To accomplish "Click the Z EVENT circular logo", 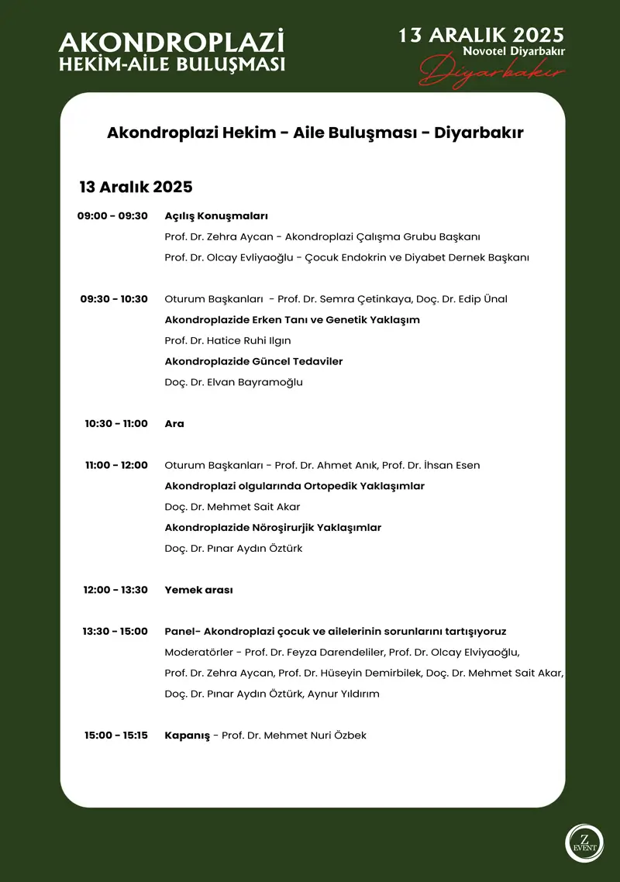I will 584,843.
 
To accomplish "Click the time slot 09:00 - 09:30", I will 112,216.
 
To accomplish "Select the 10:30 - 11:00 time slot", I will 116,424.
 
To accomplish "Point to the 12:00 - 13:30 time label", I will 115,590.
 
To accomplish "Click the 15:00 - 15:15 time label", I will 116,736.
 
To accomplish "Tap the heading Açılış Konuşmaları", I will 216,216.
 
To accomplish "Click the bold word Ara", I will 174,424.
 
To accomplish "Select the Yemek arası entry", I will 199,590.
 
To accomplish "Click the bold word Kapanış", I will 188,736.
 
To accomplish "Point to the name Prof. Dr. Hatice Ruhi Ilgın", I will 228,341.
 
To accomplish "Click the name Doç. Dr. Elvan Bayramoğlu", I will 234,382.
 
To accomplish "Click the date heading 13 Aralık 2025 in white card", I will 136,187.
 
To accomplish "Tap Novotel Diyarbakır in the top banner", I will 513,50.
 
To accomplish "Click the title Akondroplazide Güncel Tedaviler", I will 253,361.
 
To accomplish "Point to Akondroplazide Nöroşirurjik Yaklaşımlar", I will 273,528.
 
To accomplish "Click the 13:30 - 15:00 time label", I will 115,632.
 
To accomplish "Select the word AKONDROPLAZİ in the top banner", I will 171,42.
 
